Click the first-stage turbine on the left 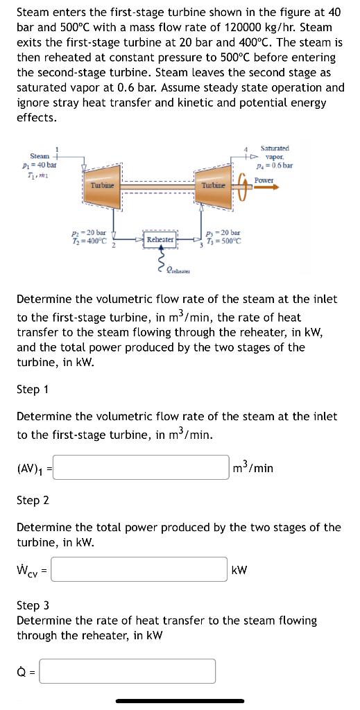click(x=102, y=186)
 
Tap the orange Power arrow click(x=264, y=187)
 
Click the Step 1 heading click(x=32, y=389)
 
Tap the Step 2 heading click(x=32, y=500)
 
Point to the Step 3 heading click(x=32, y=605)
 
